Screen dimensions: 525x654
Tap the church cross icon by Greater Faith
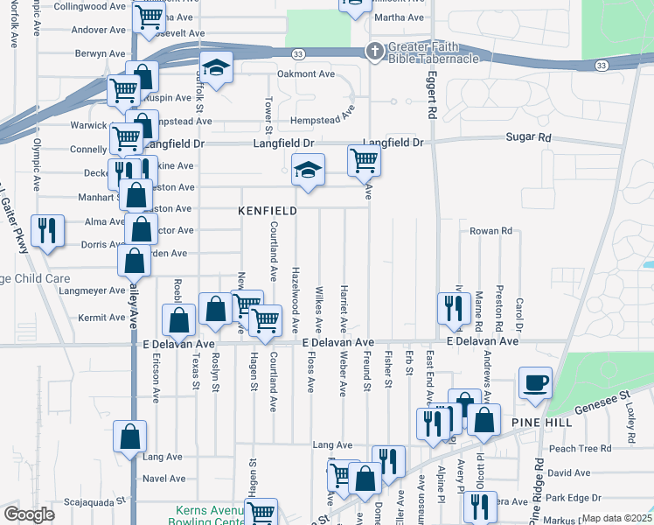374,51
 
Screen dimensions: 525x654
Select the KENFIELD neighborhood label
268,211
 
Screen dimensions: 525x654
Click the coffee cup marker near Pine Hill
535,383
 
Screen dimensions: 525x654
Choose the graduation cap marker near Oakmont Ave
216,67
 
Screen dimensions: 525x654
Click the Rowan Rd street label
491,231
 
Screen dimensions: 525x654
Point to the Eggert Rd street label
431,100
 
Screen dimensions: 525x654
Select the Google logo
29,514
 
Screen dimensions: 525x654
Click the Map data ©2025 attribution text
616,518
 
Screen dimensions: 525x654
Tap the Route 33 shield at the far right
601,66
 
